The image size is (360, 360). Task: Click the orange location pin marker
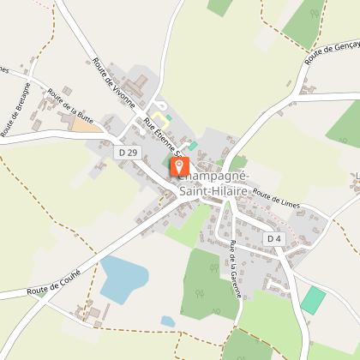click(x=180, y=166)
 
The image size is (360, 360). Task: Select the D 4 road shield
click(x=274, y=237)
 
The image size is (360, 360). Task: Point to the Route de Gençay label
click(x=331, y=53)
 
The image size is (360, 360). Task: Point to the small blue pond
click(x=168, y=321)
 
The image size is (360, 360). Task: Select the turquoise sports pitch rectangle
click(x=314, y=300)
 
